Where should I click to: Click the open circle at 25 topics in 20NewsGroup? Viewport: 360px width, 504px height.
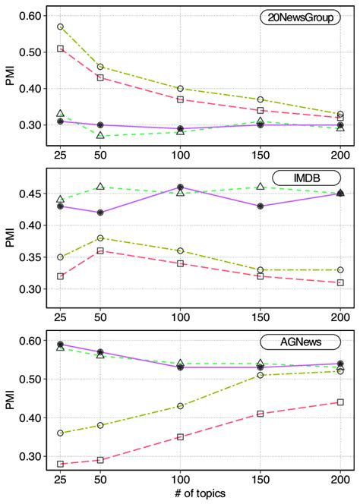click(60, 27)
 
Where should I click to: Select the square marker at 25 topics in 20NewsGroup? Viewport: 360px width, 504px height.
click(60, 49)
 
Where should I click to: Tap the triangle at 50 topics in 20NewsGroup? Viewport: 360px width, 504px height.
click(100, 136)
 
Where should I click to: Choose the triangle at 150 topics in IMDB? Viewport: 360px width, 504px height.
click(261, 186)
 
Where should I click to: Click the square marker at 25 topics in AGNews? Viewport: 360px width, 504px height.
click(60, 464)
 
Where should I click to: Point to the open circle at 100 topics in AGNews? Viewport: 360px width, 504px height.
click(180, 406)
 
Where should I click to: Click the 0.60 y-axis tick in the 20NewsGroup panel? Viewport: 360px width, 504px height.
click(31, 16)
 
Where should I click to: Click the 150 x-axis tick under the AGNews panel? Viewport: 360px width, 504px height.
click(261, 480)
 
